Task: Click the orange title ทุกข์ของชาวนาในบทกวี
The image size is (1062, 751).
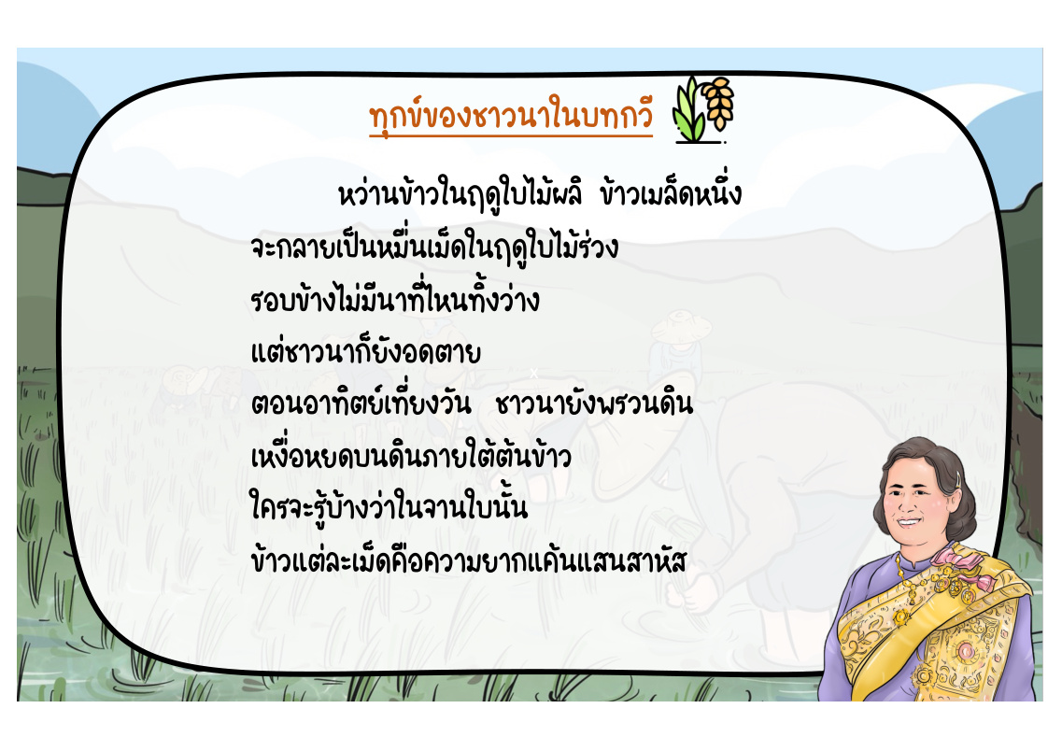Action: coord(511,117)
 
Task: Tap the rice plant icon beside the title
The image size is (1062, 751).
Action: coord(702,109)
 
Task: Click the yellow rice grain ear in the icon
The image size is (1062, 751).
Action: coord(718,103)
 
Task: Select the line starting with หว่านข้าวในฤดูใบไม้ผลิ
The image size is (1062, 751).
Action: coord(540,193)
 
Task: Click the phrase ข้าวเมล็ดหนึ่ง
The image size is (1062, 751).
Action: coord(671,192)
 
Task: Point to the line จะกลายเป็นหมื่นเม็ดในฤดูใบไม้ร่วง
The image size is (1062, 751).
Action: coord(434,247)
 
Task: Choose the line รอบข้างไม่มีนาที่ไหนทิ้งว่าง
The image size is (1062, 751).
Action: coord(395,298)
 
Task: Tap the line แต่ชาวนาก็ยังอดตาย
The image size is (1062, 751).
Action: coord(366,351)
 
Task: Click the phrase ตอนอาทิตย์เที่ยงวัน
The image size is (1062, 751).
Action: coord(361,403)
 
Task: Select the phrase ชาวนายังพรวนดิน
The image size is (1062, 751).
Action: coord(594,404)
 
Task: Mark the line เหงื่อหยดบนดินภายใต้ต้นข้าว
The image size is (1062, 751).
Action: coord(410,454)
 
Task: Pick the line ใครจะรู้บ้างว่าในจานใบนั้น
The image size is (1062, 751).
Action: coord(389,507)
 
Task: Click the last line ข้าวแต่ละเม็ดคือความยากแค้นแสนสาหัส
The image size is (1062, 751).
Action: coord(469,560)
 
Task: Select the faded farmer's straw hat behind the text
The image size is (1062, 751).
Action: coord(681,326)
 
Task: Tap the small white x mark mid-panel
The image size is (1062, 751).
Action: coord(533,373)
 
